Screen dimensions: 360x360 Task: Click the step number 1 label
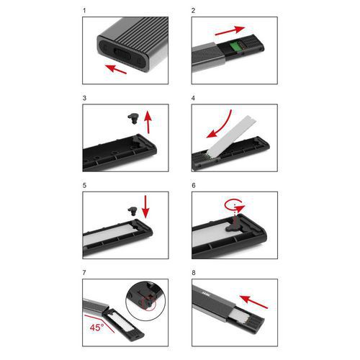84,11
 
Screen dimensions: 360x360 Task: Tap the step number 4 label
193,98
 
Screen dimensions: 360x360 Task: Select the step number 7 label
84,273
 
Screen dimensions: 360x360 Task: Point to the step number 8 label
194,273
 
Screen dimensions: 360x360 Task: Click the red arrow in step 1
116,69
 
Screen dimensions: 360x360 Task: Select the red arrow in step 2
230,31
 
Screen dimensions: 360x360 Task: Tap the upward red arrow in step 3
148,122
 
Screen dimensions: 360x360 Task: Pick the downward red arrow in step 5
145,207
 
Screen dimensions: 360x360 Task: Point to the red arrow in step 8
253,302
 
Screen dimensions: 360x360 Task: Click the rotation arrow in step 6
234,205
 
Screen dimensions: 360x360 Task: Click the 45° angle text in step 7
96,328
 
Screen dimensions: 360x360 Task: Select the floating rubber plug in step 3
133,118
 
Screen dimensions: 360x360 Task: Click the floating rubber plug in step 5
132,212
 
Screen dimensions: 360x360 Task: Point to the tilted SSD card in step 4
232,136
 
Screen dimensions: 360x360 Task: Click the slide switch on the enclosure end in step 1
122,55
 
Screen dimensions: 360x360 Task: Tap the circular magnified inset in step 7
145,301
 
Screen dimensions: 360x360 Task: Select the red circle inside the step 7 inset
148,303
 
